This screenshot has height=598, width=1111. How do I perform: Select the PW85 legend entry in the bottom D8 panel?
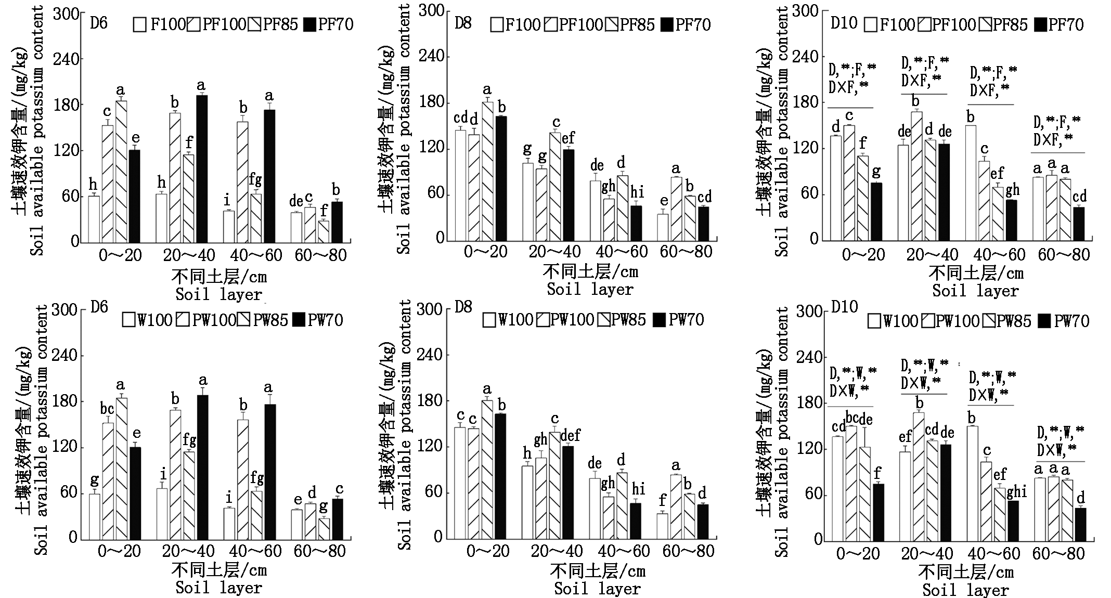(x=622, y=320)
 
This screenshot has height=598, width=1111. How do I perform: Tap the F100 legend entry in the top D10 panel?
(x=890, y=24)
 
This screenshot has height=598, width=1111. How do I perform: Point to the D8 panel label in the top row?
(x=463, y=23)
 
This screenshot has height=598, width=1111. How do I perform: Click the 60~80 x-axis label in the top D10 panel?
(x=1063, y=255)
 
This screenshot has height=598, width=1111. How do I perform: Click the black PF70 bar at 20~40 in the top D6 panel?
(x=201, y=169)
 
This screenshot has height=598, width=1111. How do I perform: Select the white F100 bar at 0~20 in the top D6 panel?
(x=94, y=219)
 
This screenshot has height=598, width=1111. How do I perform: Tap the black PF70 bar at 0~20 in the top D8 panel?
(x=501, y=178)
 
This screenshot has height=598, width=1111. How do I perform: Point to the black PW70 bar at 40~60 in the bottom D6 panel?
(x=270, y=472)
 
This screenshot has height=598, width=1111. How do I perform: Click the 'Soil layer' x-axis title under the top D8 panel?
(x=590, y=289)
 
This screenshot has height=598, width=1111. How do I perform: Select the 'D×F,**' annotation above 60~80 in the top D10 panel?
(x=1056, y=139)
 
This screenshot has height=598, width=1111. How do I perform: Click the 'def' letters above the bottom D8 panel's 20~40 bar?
(x=570, y=435)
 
